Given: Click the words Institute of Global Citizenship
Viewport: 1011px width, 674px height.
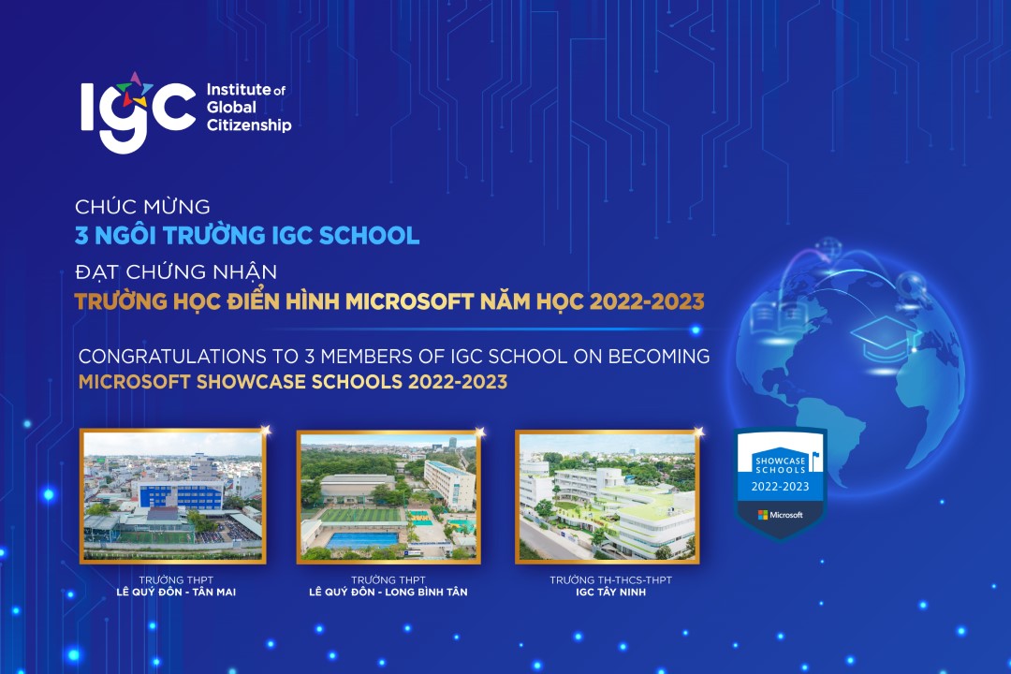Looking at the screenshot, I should click(247, 108).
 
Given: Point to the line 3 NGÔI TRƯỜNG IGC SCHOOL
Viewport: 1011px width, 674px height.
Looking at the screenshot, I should click(248, 235).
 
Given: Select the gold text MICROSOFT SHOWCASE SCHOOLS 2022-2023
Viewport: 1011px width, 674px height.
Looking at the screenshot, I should click(293, 382).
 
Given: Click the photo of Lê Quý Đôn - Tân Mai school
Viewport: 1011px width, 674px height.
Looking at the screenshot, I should click(173, 496).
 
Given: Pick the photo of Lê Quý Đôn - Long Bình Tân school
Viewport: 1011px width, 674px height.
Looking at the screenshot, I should click(388, 496).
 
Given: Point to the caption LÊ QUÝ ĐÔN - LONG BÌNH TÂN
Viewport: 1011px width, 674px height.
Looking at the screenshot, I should click(388, 593).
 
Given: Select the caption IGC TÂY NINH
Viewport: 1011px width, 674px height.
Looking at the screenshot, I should click(611, 593).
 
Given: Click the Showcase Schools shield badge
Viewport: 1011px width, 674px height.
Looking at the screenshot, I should click(780, 482).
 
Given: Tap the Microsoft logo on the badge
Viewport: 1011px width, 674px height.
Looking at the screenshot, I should click(780, 515).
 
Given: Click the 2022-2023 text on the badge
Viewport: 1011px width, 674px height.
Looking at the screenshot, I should click(780, 487).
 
